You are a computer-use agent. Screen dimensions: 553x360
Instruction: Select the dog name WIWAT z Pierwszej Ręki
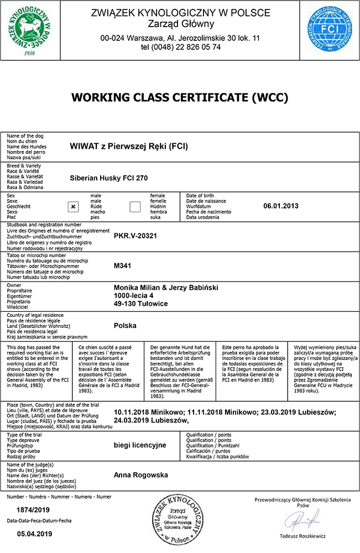pyautogui.click(x=129, y=147)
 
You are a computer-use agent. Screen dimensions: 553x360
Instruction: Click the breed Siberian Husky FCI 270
pyautogui.click(x=109, y=179)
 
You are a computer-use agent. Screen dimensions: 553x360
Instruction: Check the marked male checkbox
pyautogui.click(x=73, y=206)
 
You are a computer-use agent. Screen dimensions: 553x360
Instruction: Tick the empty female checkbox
pyautogui.click(x=135, y=206)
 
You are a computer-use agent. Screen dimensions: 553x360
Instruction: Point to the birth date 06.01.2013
pyautogui.click(x=281, y=206)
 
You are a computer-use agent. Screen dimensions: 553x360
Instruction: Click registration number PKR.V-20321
pyautogui.click(x=135, y=236)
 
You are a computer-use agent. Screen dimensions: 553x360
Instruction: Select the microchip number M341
pyautogui.click(x=121, y=265)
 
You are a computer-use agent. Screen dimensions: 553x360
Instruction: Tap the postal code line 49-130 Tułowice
pyautogui.click(x=140, y=304)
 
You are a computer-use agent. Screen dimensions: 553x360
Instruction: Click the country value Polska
pyautogui.click(x=125, y=325)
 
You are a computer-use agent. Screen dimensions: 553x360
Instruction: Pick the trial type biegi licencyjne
pyautogui.click(x=140, y=444)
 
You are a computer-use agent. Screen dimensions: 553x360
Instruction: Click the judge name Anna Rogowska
pyautogui.click(x=141, y=474)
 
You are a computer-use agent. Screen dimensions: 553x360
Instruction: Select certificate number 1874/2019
pyautogui.click(x=33, y=509)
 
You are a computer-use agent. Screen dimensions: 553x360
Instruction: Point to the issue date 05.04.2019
pyautogui.click(x=34, y=534)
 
